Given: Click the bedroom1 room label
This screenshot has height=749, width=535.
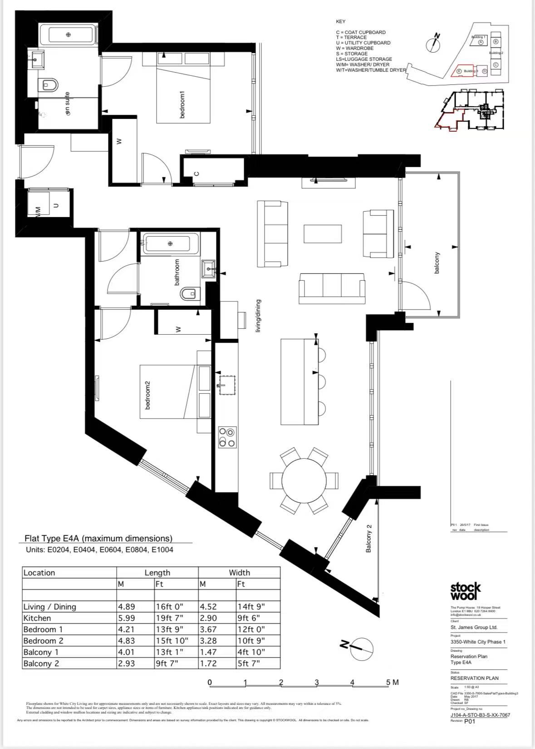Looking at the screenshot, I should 182,105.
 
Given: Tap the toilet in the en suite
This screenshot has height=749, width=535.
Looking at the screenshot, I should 49,84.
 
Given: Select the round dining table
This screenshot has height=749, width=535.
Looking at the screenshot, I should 304,481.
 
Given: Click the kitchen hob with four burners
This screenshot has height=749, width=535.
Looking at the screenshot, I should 227,437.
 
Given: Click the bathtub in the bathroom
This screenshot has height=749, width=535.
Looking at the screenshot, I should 171,244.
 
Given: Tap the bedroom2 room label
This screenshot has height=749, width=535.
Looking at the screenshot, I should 147,395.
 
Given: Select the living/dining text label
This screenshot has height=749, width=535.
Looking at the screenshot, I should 258,316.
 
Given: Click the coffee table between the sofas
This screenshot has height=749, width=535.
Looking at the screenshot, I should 323,234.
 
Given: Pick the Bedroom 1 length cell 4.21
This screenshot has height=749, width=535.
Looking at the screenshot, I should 126,630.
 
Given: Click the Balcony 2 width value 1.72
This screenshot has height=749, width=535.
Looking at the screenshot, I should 208,664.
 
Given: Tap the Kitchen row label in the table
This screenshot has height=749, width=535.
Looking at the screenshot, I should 37,618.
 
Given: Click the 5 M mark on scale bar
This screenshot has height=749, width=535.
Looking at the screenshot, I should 392,682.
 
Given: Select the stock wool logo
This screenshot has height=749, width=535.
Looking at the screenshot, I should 465,591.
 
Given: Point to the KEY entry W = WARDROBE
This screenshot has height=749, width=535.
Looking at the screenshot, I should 355,48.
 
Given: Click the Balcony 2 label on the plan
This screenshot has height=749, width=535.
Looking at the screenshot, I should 368,539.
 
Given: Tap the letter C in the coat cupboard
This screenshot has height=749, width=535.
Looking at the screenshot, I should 196,173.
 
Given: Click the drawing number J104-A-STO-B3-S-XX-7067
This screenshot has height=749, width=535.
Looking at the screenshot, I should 480,715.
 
